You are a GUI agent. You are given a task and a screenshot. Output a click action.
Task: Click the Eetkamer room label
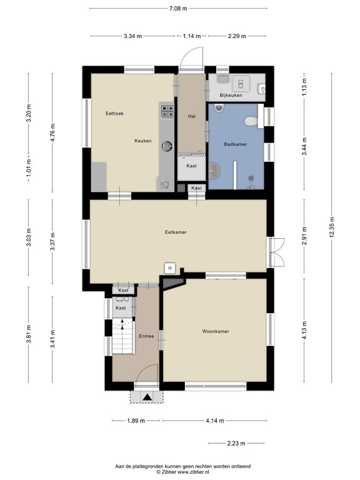(176, 232)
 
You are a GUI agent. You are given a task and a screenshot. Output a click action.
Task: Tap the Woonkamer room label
(215, 331)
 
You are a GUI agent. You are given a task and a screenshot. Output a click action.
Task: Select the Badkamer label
(236, 144)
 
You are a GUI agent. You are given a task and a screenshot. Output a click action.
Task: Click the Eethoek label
(114, 113)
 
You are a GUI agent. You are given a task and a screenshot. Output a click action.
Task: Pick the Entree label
(146, 336)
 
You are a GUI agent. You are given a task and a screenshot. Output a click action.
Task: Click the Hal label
(192, 116)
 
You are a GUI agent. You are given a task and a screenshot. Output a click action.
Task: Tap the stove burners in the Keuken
(167, 112)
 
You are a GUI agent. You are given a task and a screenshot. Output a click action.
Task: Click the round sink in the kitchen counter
(167, 146)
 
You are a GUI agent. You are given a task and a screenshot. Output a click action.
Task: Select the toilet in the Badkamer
(251, 120)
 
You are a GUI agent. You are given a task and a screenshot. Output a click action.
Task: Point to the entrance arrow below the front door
(147, 396)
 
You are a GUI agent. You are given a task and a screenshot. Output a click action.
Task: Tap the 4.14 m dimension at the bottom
(214, 421)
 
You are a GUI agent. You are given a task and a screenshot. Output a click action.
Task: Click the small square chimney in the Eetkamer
(169, 267)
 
